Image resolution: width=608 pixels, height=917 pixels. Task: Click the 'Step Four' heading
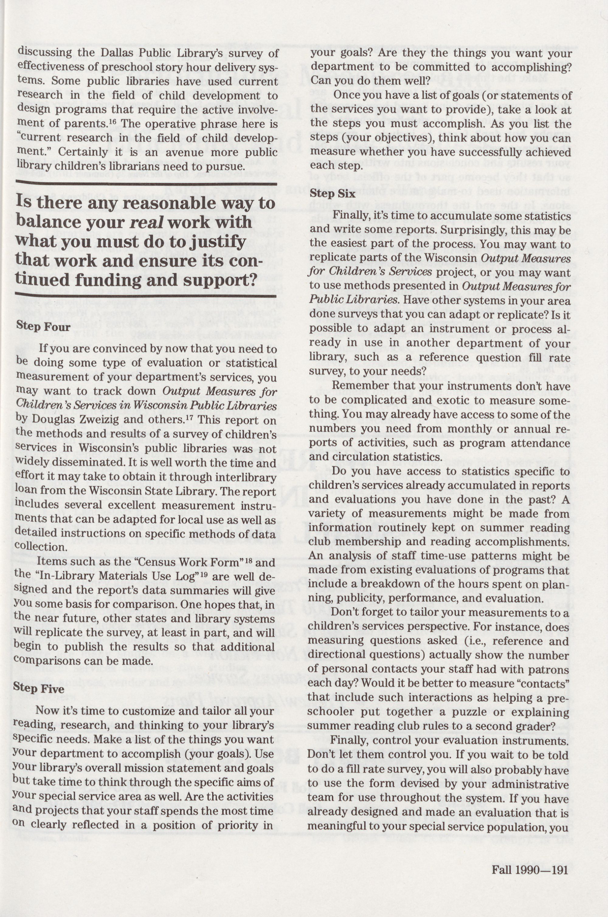43,327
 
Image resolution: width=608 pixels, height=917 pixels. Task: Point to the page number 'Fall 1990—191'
530,859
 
